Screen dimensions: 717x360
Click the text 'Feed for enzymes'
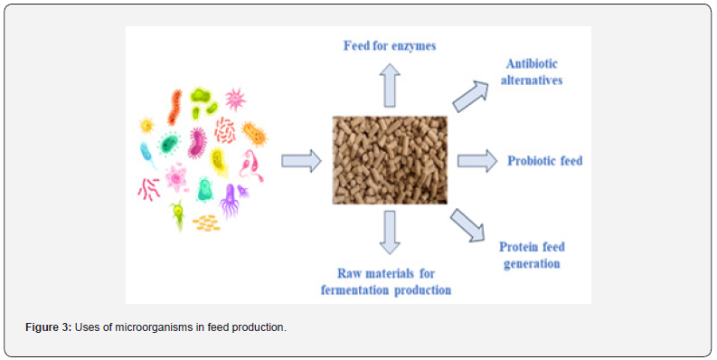click(x=390, y=46)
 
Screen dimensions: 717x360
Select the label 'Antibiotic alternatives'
click(x=532, y=71)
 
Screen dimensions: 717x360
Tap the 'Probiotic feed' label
click(x=544, y=161)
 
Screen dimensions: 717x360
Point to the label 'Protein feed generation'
click(x=532, y=255)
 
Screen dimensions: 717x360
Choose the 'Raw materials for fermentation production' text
click(x=386, y=282)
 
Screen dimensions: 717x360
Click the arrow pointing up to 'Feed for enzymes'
click(x=390, y=85)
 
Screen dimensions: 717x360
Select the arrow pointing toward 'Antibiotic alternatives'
click(x=470, y=97)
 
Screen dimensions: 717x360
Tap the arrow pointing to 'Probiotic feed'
click(x=477, y=161)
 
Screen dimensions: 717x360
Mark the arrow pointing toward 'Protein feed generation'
click(x=467, y=224)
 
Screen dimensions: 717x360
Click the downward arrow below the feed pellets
click(x=390, y=232)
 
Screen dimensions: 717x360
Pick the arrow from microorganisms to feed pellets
click(x=301, y=161)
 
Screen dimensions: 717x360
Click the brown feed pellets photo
click(x=390, y=159)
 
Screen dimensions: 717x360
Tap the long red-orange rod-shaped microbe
click(x=175, y=108)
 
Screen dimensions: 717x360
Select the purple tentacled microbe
click(x=229, y=201)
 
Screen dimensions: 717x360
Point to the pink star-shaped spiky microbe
click(x=235, y=99)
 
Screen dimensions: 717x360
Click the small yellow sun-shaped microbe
click(x=146, y=125)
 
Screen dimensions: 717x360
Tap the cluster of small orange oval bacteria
click(x=206, y=223)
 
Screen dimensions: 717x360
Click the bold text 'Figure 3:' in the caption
click(x=49, y=327)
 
